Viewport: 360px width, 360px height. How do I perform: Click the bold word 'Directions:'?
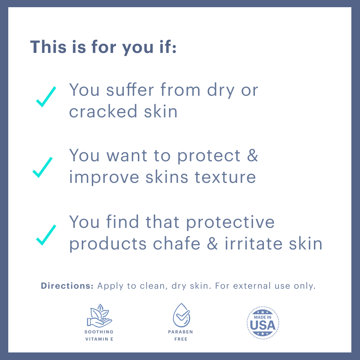tap(67, 286)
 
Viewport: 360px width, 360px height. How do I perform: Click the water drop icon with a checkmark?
tap(181, 315)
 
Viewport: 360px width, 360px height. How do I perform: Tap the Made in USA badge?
tap(263, 323)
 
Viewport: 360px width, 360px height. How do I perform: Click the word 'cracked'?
tap(103, 111)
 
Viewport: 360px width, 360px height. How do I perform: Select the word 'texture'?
tap(225, 177)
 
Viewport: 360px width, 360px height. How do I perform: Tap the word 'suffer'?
tap(130, 89)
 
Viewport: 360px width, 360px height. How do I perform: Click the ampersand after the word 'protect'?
tap(253, 156)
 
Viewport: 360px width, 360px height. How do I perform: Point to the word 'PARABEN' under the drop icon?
tap(180, 332)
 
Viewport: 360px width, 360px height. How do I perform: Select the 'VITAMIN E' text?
tap(99, 339)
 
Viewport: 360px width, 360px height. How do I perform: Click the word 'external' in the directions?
tap(252, 286)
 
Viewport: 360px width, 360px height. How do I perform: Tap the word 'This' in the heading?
tap(48, 47)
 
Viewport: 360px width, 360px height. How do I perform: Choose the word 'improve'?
tap(104, 177)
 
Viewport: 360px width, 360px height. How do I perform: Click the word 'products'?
tap(108, 244)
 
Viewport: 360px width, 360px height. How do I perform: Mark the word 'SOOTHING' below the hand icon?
tap(99, 332)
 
